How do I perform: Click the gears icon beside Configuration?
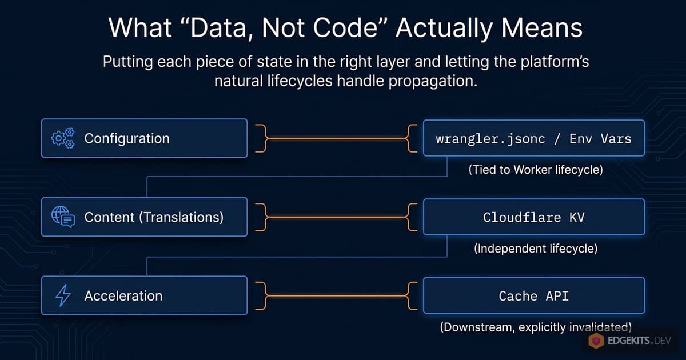point(63,138)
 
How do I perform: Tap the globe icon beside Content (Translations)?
point(63,217)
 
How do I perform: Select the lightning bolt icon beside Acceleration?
point(62,295)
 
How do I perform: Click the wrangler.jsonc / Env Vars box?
point(533,138)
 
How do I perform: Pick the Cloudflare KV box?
point(533,217)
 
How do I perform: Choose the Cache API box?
point(533,295)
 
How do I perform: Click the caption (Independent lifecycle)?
point(535,249)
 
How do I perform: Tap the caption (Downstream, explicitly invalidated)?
point(535,327)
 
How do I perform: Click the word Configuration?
point(127,138)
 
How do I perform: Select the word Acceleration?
point(123,295)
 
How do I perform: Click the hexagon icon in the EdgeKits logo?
point(597,342)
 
